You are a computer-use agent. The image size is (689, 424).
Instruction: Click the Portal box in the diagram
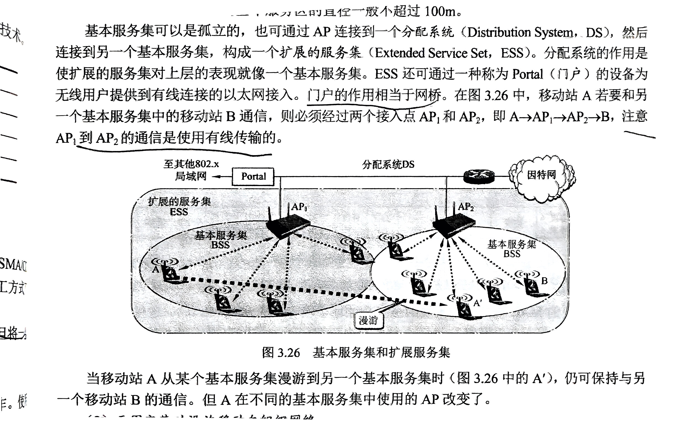coord(253,177)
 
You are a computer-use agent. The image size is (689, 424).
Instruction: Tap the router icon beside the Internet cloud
coord(479,176)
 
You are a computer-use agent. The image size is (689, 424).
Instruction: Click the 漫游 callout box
coord(368,320)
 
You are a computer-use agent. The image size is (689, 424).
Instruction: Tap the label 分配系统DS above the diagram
coord(388,164)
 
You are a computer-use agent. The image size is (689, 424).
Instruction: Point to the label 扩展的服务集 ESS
coord(179,206)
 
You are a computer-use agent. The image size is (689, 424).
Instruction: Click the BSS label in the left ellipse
coord(220,245)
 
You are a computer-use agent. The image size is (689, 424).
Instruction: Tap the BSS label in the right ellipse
coord(512,254)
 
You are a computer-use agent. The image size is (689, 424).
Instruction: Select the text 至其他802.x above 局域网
coord(191,164)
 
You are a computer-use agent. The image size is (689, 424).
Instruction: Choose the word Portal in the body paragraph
coord(528,74)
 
